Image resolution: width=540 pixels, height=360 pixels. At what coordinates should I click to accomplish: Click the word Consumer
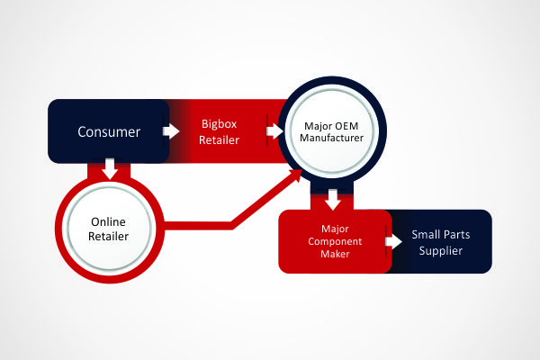click(x=109, y=132)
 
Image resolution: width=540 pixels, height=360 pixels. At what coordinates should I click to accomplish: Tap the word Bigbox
click(x=219, y=124)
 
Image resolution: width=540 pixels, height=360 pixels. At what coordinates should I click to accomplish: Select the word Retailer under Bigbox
click(x=219, y=139)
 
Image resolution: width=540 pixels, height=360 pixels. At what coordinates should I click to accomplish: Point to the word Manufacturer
click(x=331, y=138)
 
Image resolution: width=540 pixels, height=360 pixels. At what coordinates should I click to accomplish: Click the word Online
click(x=108, y=222)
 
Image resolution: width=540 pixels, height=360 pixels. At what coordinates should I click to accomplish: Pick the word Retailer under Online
click(x=108, y=237)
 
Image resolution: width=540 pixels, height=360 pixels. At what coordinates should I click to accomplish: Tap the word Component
click(x=335, y=241)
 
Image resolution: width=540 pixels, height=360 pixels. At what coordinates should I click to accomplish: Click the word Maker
click(x=335, y=254)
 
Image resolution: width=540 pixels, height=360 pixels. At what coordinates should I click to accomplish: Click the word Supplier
click(x=440, y=251)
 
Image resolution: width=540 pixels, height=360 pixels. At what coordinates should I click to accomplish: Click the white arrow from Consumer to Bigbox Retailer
click(x=171, y=131)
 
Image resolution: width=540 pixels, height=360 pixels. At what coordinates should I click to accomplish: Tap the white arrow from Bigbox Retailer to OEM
click(x=274, y=131)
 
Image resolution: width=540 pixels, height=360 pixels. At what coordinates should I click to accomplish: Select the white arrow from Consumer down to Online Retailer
click(x=110, y=169)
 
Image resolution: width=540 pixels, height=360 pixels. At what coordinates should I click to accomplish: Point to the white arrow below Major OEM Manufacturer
click(x=333, y=200)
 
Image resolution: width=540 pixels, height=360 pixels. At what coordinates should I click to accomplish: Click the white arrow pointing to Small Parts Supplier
click(x=393, y=241)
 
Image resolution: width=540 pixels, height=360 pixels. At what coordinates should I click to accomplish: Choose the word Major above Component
click(x=335, y=229)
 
